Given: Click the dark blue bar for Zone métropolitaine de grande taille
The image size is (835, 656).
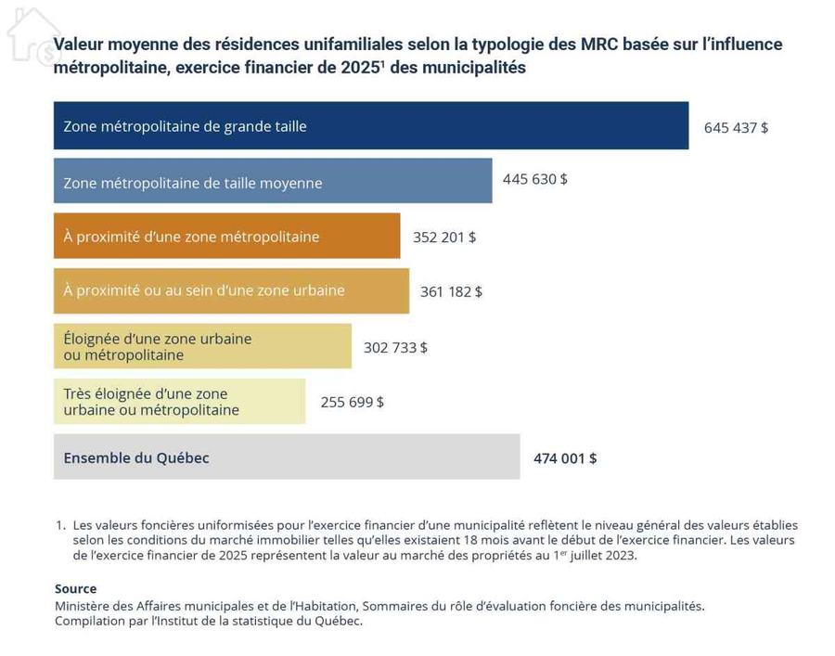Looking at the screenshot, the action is (371, 125).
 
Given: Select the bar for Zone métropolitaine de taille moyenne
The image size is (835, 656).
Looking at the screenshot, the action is (273, 181).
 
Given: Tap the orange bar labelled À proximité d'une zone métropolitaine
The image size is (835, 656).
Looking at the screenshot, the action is (227, 236).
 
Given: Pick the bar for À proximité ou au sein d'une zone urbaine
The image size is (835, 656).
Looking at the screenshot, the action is (232, 290).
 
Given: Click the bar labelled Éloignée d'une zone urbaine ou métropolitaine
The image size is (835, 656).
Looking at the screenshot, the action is (202, 346).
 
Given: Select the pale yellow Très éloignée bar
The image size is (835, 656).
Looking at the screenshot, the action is (179, 402).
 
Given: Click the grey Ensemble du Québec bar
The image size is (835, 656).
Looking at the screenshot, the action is (287, 457).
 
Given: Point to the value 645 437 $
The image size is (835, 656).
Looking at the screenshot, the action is (736, 128).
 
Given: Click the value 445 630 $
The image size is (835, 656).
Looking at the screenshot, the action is (534, 179).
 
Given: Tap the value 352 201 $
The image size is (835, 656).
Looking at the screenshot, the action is (444, 237).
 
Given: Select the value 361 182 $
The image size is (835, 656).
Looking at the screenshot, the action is (451, 291).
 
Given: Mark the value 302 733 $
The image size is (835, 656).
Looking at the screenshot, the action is (395, 348).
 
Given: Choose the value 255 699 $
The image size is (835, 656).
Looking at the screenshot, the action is (352, 402).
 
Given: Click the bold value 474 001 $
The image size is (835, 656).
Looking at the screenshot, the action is (565, 458).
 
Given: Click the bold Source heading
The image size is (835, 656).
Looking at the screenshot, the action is (76, 589).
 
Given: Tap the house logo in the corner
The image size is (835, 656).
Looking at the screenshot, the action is (33, 36).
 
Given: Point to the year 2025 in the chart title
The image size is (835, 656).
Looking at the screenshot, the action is (360, 68).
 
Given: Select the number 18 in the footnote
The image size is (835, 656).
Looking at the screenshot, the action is (470, 540).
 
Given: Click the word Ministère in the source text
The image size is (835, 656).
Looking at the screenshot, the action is (80, 606).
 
